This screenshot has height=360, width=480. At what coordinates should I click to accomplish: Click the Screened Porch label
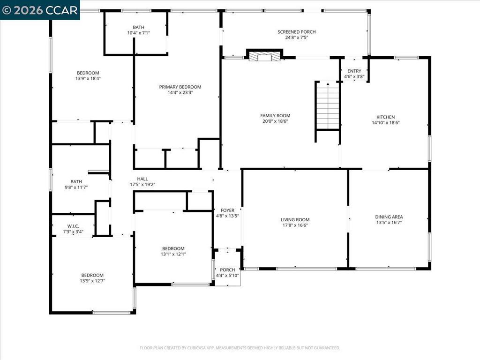pos(296,32)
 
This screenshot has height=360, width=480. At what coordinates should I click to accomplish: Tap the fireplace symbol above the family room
pos(264,56)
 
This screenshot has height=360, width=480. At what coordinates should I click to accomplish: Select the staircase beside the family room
pos(328,105)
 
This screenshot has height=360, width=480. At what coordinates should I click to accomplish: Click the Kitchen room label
pos(385,117)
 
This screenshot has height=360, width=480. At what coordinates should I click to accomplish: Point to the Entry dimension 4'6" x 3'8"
pos(354,76)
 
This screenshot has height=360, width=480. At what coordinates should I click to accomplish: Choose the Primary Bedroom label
pos(180,87)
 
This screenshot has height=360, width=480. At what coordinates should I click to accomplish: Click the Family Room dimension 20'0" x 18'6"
pos(275,121)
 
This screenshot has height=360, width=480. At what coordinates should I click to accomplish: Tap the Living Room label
pos(295,219)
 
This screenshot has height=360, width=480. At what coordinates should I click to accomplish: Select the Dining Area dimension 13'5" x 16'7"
pos(389,223)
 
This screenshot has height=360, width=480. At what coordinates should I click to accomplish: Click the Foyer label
pos(227,210)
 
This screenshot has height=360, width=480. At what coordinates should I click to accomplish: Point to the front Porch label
pos(227,270)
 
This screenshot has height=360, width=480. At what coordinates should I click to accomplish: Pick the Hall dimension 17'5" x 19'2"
pos(142,185)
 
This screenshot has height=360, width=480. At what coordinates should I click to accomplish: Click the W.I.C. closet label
pos(73,226)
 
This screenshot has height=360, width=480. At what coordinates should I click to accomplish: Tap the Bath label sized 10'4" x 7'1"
pos(138,27)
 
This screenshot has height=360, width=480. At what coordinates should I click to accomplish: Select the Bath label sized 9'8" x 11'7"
pos(76,181)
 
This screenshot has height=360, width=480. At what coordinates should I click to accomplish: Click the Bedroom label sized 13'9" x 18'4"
pos(88,73)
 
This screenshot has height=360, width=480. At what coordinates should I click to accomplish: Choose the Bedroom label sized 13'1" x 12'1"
pos(173,248)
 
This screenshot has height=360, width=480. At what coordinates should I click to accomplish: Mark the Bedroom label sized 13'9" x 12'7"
pos(92,275)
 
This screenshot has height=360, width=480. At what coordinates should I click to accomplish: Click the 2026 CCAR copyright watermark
pos(40,10)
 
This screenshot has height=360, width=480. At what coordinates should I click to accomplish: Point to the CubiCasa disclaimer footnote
pos(240,348)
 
